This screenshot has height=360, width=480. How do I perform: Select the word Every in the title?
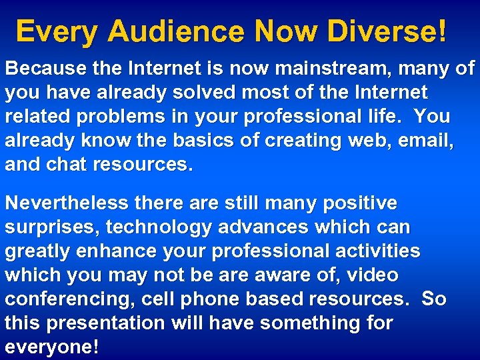[x=57, y=31]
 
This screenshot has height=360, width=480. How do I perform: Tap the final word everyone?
[x=52, y=347]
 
